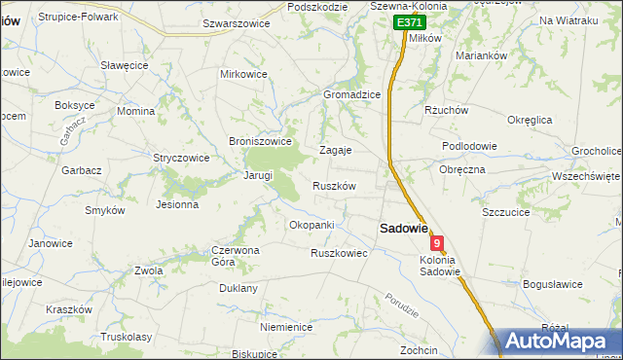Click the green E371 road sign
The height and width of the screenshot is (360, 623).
click(x=410, y=22)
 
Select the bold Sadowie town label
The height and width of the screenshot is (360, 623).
click(x=403, y=228)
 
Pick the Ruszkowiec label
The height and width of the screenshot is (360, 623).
click(x=338, y=253)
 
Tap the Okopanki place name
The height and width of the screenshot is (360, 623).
click(x=311, y=225)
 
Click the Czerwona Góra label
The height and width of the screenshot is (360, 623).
click(x=236, y=256)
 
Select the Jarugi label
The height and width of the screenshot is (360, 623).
click(x=257, y=176)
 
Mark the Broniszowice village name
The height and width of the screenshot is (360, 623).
click(x=260, y=141)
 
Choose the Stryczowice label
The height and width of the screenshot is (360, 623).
click(x=181, y=157)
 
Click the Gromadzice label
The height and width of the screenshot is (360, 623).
click(x=351, y=94)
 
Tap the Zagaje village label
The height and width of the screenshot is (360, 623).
click(x=336, y=151)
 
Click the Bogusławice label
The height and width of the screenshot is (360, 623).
click(x=552, y=284)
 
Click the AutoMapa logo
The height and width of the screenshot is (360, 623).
click(x=559, y=341)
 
